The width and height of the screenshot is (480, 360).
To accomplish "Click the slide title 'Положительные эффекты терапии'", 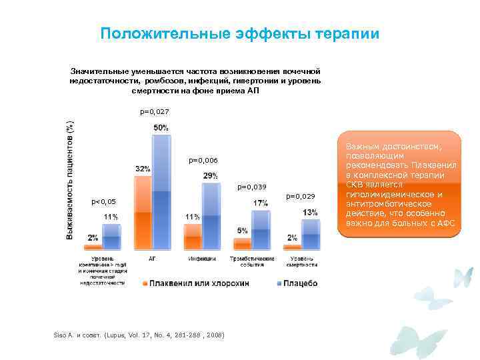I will pyautogui.click(x=239, y=33).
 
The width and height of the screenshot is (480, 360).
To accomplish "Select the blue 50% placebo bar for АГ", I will pyautogui.click(x=162, y=193).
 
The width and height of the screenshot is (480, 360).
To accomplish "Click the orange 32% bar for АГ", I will pyautogui.click(x=143, y=213).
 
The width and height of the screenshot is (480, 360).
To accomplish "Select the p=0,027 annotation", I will pyautogui.click(x=155, y=112).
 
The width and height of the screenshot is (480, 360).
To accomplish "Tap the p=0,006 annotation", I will pyautogui.click(x=203, y=160).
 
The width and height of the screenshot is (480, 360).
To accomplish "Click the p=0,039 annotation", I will pyautogui.click(x=252, y=187).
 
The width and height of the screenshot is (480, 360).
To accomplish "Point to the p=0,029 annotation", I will pyautogui.click(x=301, y=196).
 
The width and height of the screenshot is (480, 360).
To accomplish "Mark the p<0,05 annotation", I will pyautogui.click(x=103, y=201).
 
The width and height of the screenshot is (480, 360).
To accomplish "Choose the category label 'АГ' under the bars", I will pyautogui.click(x=152, y=258).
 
